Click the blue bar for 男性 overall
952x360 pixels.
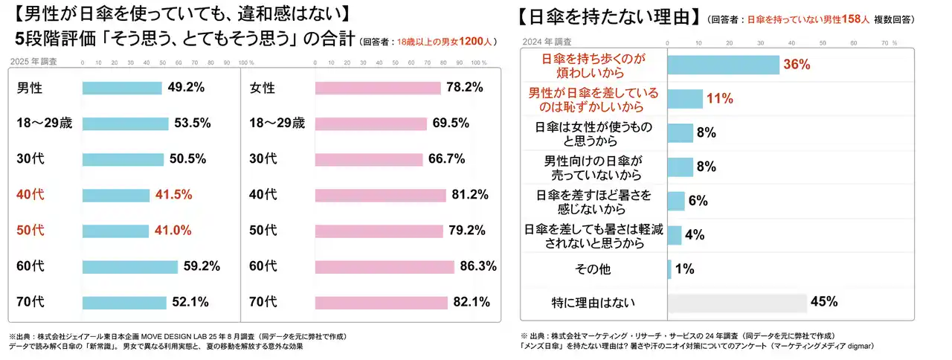point(122,88)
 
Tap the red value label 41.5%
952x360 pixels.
point(173,195)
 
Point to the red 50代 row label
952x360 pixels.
point(30,231)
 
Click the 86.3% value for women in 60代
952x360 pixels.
point(477,266)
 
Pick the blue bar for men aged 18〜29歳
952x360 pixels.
point(125,123)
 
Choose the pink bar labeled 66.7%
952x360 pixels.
point(369,159)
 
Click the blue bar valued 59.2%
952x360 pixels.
point(129,266)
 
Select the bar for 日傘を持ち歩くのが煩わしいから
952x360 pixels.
point(723,65)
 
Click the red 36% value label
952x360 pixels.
point(796,65)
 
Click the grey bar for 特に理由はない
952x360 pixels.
point(737,302)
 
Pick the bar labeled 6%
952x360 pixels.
point(676,201)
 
